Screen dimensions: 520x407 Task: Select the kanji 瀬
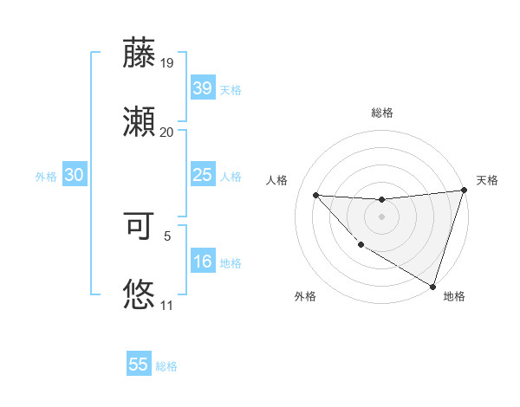tap(140, 122)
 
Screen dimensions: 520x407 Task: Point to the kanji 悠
tap(140, 294)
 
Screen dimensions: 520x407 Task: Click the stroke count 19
tap(167, 63)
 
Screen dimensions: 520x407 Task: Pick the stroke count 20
tap(167, 132)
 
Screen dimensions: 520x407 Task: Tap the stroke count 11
tap(167, 306)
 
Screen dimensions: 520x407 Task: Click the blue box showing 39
tap(202, 88)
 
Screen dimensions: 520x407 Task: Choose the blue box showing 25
tap(202, 175)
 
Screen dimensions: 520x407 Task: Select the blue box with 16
tap(202, 262)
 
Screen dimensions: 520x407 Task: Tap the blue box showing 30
tap(75, 175)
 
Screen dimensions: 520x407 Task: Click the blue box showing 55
tap(139, 365)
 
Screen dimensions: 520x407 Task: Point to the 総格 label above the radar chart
tap(382, 113)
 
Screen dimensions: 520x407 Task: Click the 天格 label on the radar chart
tap(487, 180)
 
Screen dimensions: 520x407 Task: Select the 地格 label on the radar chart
tap(454, 297)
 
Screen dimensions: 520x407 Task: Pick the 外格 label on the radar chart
tap(305, 297)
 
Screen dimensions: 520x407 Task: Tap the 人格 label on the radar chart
tap(278, 180)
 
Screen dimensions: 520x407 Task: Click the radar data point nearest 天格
tap(464, 191)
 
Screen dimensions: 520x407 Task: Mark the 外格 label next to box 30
tap(46, 176)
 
